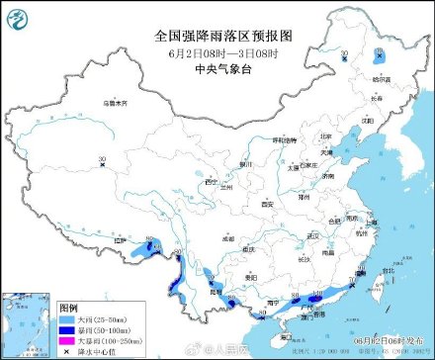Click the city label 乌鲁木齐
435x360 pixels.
pos(116,102)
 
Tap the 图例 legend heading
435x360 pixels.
pos(68,308)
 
